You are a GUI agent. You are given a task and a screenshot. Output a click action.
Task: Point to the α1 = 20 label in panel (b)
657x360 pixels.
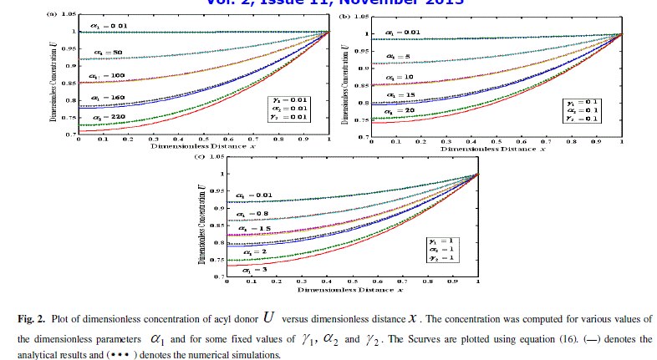click(x=395, y=111)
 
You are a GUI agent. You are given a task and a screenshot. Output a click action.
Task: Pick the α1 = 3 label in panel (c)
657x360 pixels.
click(x=252, y=270)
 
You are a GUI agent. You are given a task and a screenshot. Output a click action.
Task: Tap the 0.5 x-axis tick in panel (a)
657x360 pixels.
click(x=202, y=139)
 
